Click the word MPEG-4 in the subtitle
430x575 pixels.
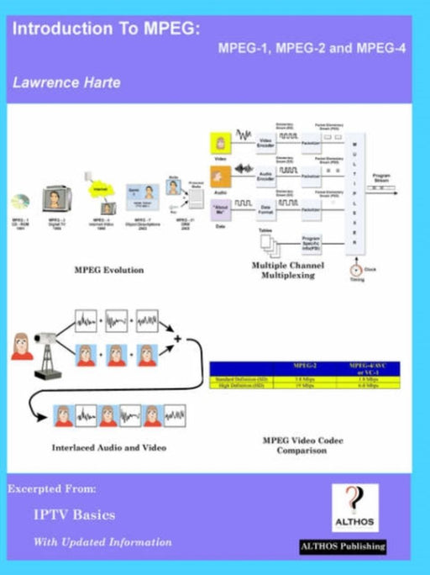(382, 49)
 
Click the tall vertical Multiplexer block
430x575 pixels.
(354, 189)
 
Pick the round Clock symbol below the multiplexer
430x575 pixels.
(356, 272)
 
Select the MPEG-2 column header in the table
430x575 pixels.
(303, 367)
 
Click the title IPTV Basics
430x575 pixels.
(74, 514)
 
